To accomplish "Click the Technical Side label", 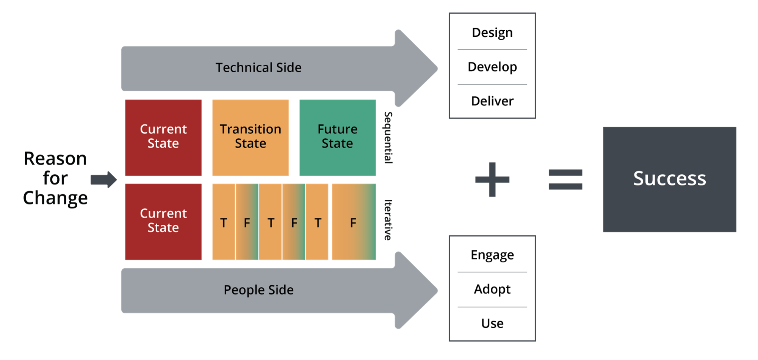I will point(258,68).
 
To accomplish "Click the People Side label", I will point(258,290).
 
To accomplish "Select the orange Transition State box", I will point(250,137).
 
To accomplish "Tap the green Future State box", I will point(337,137).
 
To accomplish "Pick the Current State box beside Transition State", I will point(163,137).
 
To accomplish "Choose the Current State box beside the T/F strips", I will point(163,221).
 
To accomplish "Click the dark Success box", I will point(669,179).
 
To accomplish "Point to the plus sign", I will point(492,179).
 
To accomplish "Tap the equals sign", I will point(565,179).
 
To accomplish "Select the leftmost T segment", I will point(224,222).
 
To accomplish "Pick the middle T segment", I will point(271,222).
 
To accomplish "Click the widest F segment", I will point(354,222).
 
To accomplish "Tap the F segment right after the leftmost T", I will point(247,222).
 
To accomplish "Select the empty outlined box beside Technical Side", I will point(492,66).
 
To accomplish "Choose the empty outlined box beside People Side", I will point(492,288).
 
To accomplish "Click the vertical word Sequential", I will point(388,137).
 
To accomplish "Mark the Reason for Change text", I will point(56,178).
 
